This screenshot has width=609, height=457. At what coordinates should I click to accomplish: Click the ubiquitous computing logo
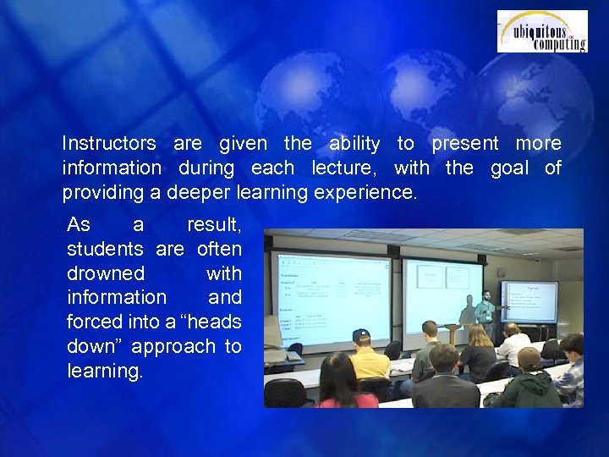pyautogui.click(x=541, y=31)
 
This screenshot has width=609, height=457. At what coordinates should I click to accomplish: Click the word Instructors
pyautogui.click(x=109, y=144)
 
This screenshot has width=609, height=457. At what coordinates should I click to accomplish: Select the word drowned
pyautogui.click(x=106, y=274)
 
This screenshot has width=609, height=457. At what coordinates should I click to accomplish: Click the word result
pyautogui.click(x=214, y=226)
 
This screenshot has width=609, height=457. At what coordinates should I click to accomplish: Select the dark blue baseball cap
pyautogui.click(x=361, y=335)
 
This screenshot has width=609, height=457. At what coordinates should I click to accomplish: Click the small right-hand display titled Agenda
pyautogui.click(x=529, y=300)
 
